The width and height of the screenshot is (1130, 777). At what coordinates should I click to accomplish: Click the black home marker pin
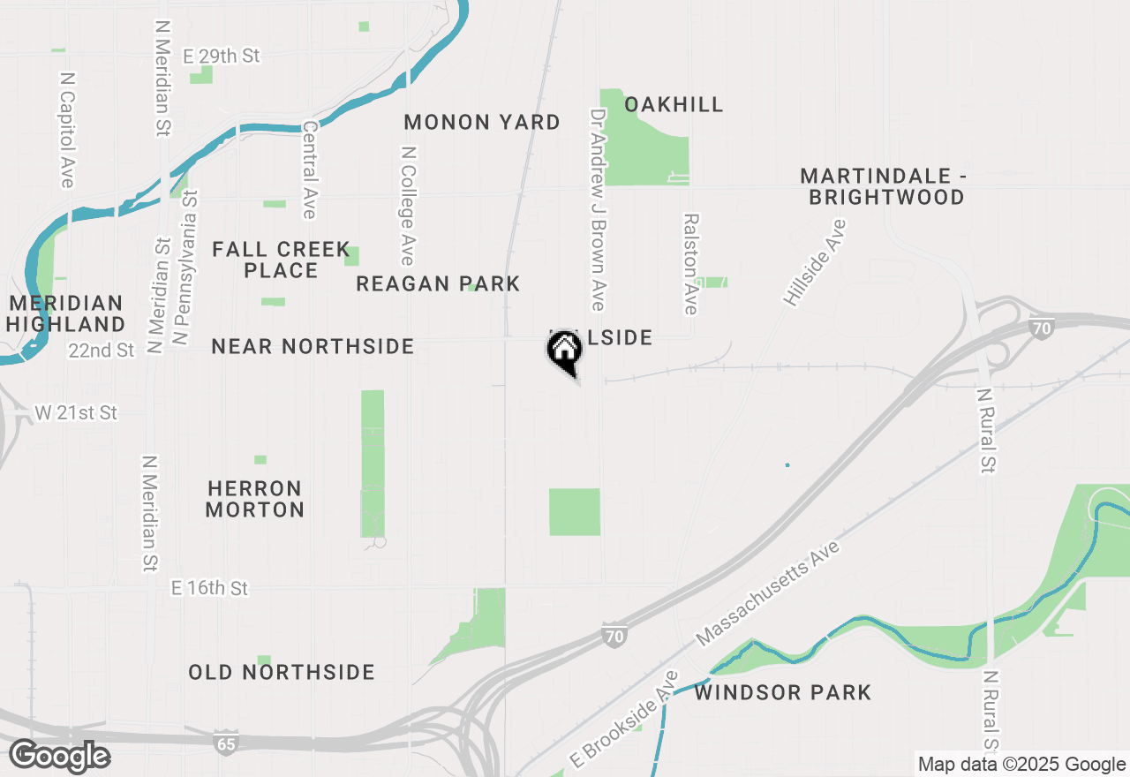[564, 351]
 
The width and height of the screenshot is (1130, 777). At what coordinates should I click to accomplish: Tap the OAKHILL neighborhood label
[674, 104]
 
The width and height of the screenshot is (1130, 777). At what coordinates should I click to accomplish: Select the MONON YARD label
[482, 122]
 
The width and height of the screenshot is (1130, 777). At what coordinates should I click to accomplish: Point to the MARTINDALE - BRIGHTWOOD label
[883, 186]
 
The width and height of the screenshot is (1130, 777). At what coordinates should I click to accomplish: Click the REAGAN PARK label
[438, 283]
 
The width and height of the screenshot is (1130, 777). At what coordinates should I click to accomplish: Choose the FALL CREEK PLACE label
[281, 260]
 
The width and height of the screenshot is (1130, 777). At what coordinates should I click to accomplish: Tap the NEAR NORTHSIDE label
[313, 346]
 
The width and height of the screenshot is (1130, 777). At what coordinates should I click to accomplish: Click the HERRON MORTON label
[255, 499]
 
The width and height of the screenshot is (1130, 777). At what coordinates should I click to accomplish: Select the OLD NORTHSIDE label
[282, 672]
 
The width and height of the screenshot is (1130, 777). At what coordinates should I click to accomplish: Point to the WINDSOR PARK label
[783, 692]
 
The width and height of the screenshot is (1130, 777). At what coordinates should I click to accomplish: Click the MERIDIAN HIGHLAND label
[66, 313]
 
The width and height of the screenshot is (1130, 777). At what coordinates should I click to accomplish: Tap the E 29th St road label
[222, 56]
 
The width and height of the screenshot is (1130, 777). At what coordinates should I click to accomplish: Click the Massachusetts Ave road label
[768, 593]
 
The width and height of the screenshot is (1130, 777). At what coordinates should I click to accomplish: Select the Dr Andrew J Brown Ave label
[598, 210]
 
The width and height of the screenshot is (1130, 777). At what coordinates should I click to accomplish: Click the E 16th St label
[210, 588]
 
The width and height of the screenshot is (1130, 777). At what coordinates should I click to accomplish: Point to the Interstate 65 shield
[226, 743]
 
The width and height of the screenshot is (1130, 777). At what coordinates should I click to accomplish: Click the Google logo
[59, 757]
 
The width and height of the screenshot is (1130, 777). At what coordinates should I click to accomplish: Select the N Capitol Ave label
[67, 130]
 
